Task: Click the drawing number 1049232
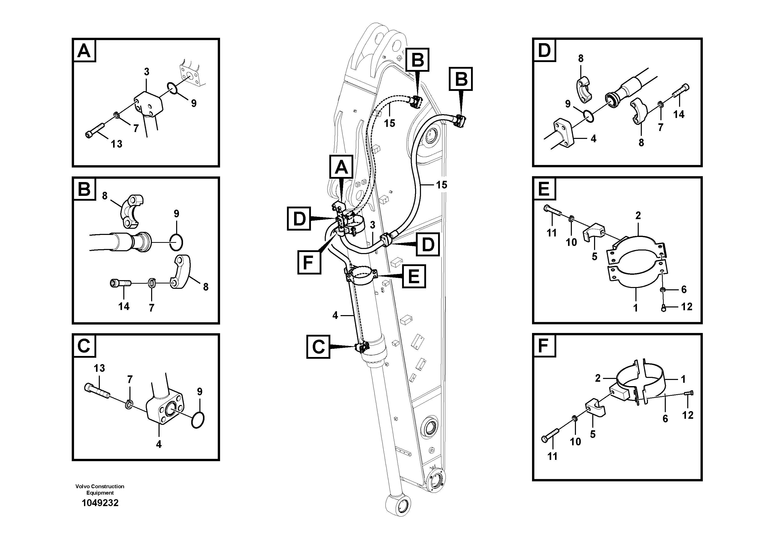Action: [x=100, y=503]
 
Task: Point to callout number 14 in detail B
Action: [x=124, y=306]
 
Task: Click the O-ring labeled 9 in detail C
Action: [x=198, y=420]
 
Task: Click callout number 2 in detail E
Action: [x=638, y=216]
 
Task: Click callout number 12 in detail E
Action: [x=687, y=307]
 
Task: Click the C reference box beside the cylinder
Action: [x=318, y=347]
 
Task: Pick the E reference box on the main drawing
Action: [x=414, y=276]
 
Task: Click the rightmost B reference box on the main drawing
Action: [x=461, y=79]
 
